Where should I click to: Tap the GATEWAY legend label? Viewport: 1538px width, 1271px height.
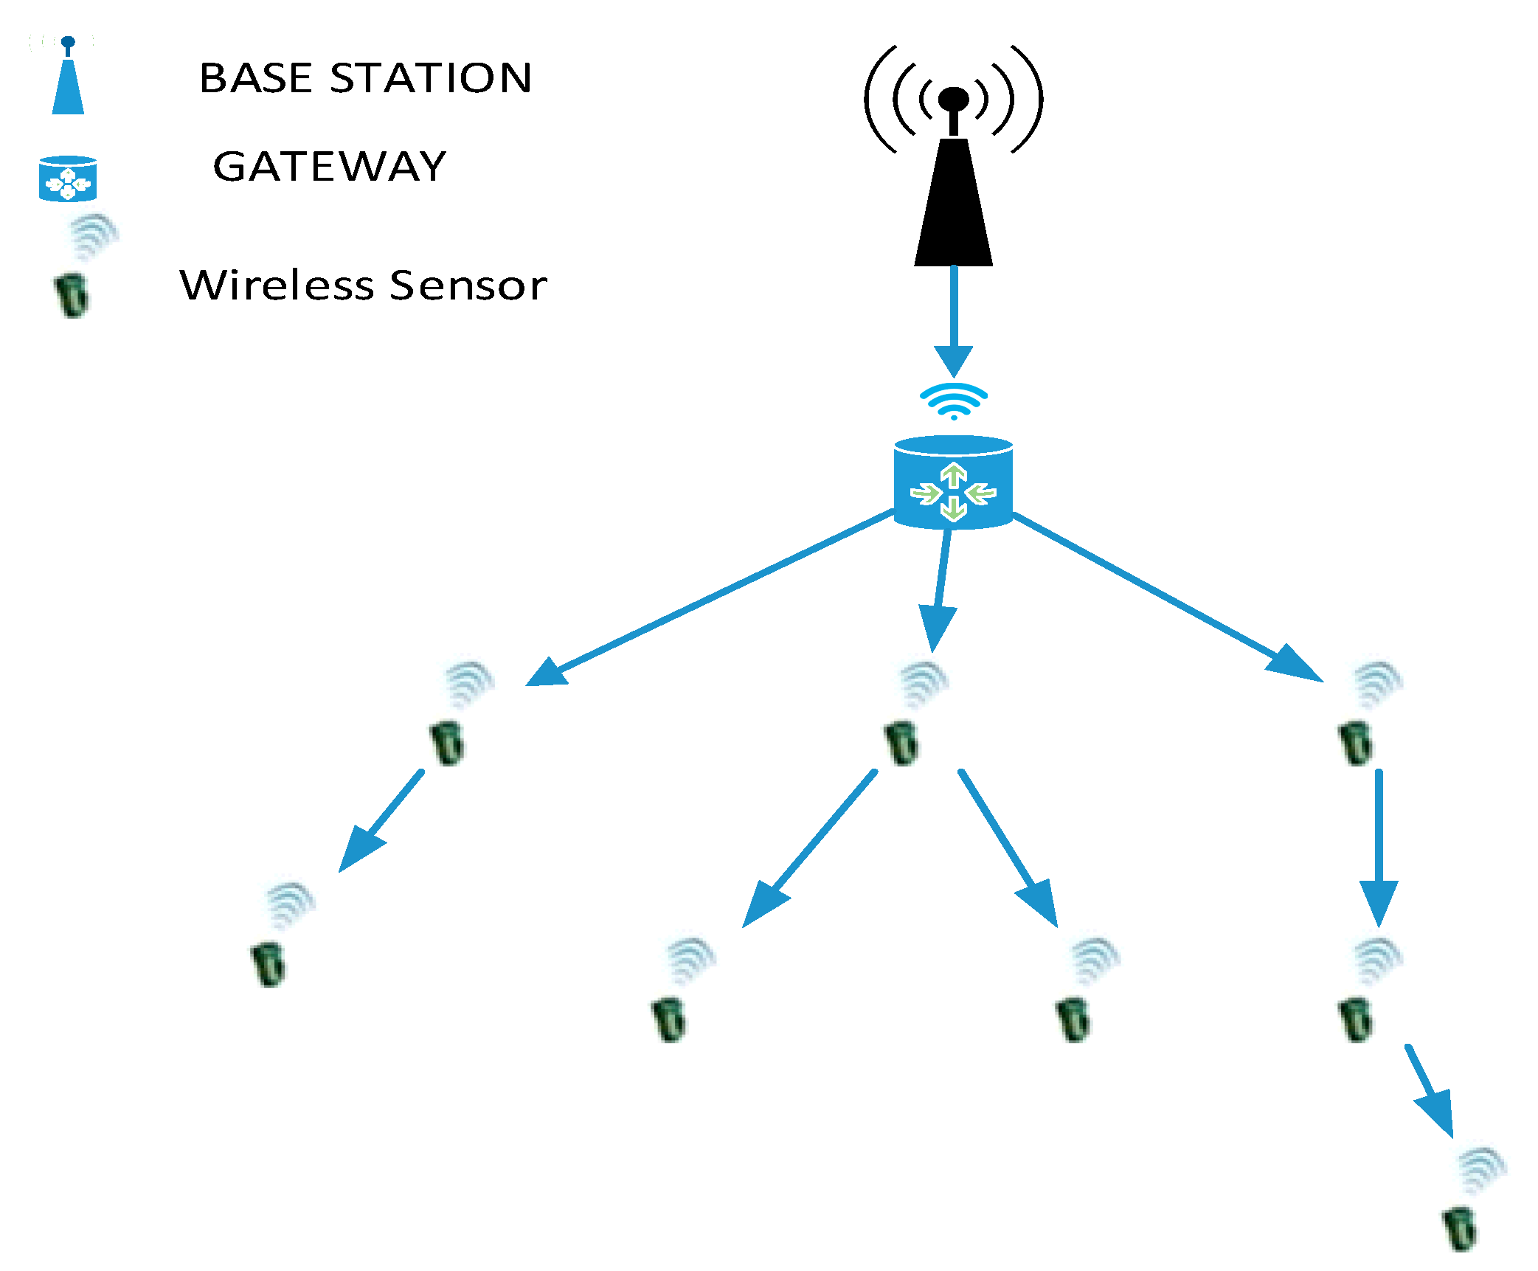330,166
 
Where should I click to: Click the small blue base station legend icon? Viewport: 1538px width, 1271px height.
68,81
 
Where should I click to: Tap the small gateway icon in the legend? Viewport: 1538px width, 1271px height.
68,179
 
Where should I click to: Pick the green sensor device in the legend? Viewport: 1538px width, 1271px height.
72,295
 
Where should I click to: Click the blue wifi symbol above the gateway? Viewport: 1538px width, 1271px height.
954,401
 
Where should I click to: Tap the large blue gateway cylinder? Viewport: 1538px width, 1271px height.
953,482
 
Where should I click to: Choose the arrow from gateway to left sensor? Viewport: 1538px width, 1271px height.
708,598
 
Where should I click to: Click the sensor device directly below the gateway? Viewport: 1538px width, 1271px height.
901,744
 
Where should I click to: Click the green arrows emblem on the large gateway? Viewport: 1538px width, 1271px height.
954,492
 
